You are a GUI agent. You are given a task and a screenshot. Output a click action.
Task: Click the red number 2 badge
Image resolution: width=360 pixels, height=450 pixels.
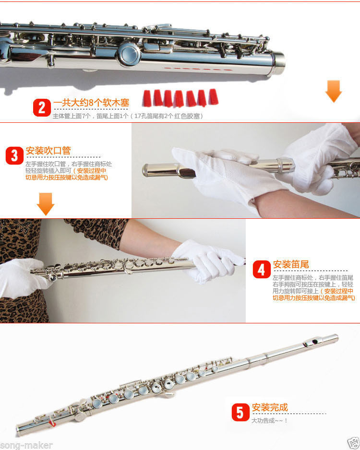42,107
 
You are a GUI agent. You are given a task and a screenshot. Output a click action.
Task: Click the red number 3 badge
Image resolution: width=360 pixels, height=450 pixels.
14,155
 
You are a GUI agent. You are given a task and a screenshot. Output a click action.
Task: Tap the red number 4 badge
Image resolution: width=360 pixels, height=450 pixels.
262,270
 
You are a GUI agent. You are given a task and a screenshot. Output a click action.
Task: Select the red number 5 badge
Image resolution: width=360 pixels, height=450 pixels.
240,413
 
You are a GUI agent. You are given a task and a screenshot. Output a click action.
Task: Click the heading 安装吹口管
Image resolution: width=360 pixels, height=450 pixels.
48,151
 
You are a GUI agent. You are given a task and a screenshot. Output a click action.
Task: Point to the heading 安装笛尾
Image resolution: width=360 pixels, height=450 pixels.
291,264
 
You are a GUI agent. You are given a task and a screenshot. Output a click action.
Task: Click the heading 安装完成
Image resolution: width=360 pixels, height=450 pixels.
270,407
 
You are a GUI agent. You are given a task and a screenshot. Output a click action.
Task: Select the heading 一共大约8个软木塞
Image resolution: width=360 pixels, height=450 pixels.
91,103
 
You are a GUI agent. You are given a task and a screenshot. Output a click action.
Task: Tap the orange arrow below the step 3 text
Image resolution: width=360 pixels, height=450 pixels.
45,204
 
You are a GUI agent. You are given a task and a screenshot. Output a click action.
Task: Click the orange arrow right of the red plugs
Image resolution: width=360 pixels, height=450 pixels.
334,91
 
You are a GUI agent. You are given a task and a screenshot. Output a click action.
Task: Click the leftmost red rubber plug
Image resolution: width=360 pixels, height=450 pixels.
147,98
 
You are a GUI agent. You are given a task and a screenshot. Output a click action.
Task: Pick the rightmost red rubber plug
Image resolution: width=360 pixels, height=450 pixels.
213,97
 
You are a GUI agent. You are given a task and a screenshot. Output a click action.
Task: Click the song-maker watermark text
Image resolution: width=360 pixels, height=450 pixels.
26,445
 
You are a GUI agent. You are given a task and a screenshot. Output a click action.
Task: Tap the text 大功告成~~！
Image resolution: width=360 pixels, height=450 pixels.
269,420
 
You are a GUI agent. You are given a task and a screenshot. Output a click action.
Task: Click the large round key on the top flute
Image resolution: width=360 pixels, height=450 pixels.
128,54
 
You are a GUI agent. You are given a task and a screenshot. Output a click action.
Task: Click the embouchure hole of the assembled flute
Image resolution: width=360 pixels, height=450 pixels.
315,342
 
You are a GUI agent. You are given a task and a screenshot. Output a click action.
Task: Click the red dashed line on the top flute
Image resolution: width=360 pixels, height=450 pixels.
198,69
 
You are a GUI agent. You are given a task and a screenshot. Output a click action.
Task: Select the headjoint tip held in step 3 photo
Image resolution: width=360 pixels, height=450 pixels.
149,170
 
